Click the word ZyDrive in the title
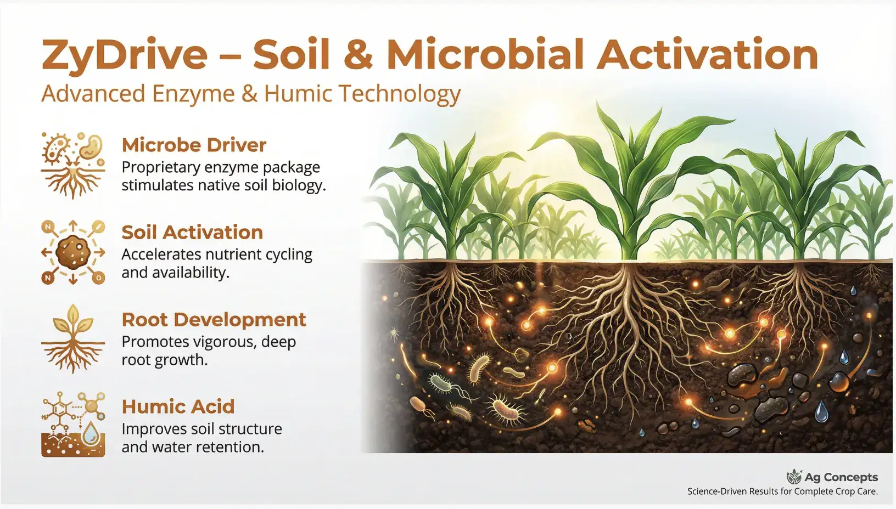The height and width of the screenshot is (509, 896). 125,55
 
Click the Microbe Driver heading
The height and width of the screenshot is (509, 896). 194,145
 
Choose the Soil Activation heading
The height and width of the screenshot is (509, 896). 192,232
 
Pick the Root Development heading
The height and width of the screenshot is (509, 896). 214,319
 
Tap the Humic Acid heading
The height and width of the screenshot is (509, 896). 178,406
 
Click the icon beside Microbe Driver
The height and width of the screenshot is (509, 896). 73,166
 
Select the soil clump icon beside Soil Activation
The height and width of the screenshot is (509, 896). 73,252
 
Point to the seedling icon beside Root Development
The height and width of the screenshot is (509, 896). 73,339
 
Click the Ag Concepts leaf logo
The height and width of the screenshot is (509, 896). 794,477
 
